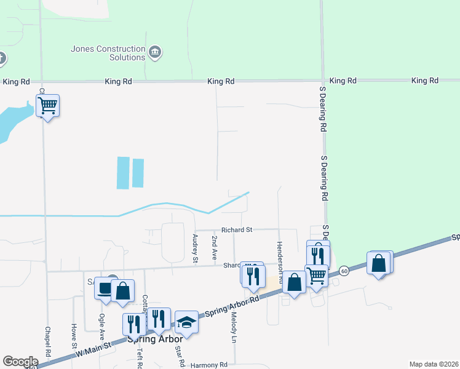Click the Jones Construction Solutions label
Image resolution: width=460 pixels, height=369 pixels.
click(108, 53)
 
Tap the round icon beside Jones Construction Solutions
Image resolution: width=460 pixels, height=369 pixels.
click(155, 51)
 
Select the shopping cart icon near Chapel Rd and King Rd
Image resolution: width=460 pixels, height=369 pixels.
click(47, 106)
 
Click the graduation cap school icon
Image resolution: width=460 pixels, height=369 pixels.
click(187, 322)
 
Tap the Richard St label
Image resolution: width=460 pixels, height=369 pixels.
click(237, 230)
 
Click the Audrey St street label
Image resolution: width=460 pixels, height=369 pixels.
click(195, 248)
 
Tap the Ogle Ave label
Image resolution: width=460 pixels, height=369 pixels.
click(102, 327)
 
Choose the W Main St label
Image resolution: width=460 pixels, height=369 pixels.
click(93, 348)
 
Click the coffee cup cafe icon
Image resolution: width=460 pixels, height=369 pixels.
click(105, 288)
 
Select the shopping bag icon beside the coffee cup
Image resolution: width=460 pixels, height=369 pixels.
click(123, 292)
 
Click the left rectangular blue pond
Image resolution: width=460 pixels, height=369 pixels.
click(123, 172)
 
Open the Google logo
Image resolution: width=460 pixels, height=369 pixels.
click(20, 362)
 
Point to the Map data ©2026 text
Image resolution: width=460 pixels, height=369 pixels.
click(434, 364)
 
